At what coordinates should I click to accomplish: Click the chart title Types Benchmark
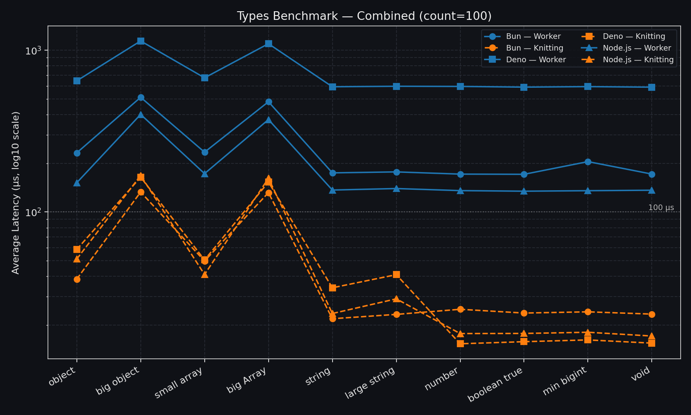pos(364,16)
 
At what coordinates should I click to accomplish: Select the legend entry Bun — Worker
pos(533,36)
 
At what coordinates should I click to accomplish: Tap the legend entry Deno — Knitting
pos(634,36)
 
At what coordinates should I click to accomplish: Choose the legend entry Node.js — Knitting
pos(638,60)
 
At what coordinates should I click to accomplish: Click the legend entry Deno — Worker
pos(536,60)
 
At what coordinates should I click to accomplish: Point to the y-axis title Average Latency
pos(16,192)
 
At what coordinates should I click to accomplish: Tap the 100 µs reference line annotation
pos(661,207)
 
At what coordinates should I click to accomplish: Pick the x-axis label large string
pos(370,383)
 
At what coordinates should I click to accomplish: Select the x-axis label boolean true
pos(495,385)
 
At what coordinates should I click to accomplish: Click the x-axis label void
pos(640,374)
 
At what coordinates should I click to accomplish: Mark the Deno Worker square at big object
pos(141,41)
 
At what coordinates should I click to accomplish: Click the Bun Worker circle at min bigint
pos(588,162)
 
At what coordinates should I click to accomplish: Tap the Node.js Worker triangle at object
pos(77,183)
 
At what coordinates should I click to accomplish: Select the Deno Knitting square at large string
pos(396,275)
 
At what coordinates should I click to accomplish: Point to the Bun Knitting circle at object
pos(77,279)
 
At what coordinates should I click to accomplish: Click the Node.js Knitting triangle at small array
pos(205,275)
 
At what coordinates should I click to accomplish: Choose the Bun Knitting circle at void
pos(652,314)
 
